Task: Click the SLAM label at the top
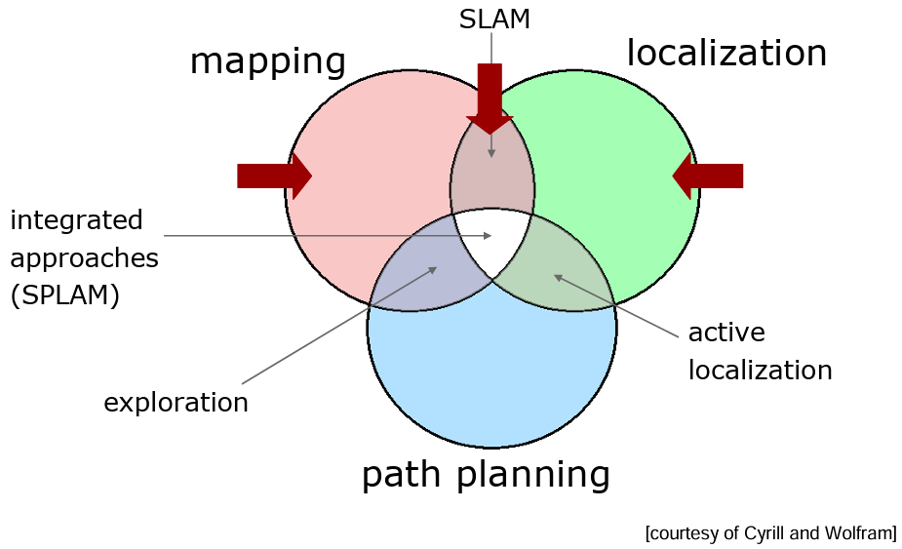pyautogui.click(x=494, y=19)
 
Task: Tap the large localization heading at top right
pyautogui.click(x=726, y=53)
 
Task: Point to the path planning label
pyautogui.click(x=486, y=475)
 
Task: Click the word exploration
pyautogui.click(x=176, y=403)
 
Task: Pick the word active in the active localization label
pyautogui.click(x=726, y=333)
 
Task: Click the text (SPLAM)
pyautogui.click(x=65, y=295)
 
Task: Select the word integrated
pyautogui.click(x=76, y=221)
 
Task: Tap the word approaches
pyautogui.click(x=84, y=259)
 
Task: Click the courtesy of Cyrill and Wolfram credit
pyautogui.click(x=770, y=532)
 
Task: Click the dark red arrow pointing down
pyautogui.click(x=490, y=98)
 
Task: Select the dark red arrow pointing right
pyautogui.click(x=274, y=176)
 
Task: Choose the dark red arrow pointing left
pyautogui.click(x=708, y=176)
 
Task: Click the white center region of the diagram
pyautogui.click(x=492, y=239)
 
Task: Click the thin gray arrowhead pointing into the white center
pyautogui.click(x=488, y=235)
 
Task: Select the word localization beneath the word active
pyautogui.click(x=760, y=370)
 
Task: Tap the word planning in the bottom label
pyautogui.click(x=533, y=475)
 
